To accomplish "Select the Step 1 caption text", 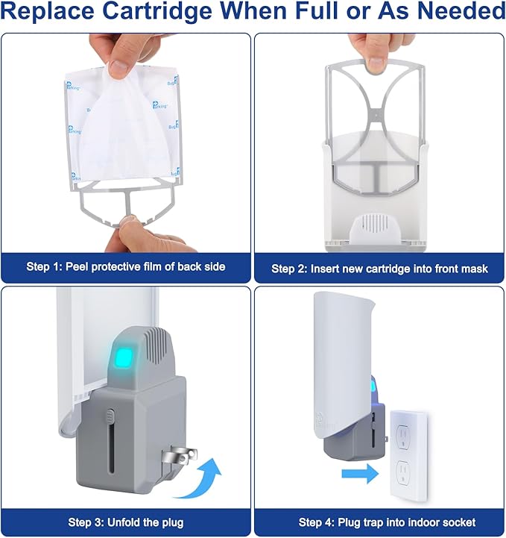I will point(125,266).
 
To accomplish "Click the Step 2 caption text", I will point(379,268).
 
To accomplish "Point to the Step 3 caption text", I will point(125,522).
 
